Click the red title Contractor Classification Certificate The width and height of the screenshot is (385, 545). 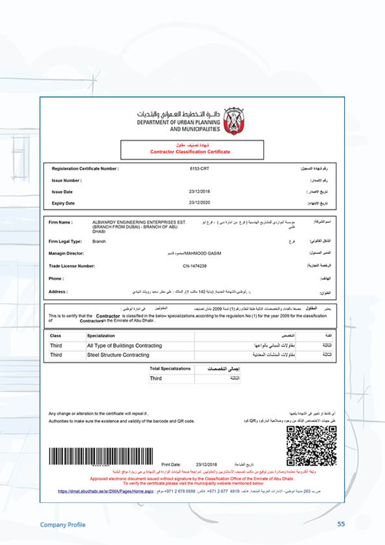pyautogui.click(x=190, y=152)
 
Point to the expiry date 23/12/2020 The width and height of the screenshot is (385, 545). pyautogui.click(x=200, y=203)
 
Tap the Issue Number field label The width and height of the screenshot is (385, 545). pyautogui.click(x=67, y=181)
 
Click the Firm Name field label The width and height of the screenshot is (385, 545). pyautogui.click(x=61, y=222)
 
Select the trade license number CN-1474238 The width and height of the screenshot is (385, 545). pyautogui.click(x=194, y=266)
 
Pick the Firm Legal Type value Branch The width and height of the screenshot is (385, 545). pyautogui.click(x=99, y=241)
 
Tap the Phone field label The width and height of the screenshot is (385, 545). pyautogui.click(x=56, y=279)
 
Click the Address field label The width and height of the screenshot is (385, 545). pyautogui.click(x=58, y=292)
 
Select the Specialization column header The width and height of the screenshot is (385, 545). pyautogui.click(x=101, y=336)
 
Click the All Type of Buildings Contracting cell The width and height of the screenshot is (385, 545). pyautogui.click(x=124, y=346)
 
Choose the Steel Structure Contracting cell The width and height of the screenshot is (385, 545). pyautogui.click(x=118, y=355)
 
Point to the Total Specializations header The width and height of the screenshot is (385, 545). pyautogui.click(x=170, y=369)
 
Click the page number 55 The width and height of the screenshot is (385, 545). pyautogui.click(x=341, y=524)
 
